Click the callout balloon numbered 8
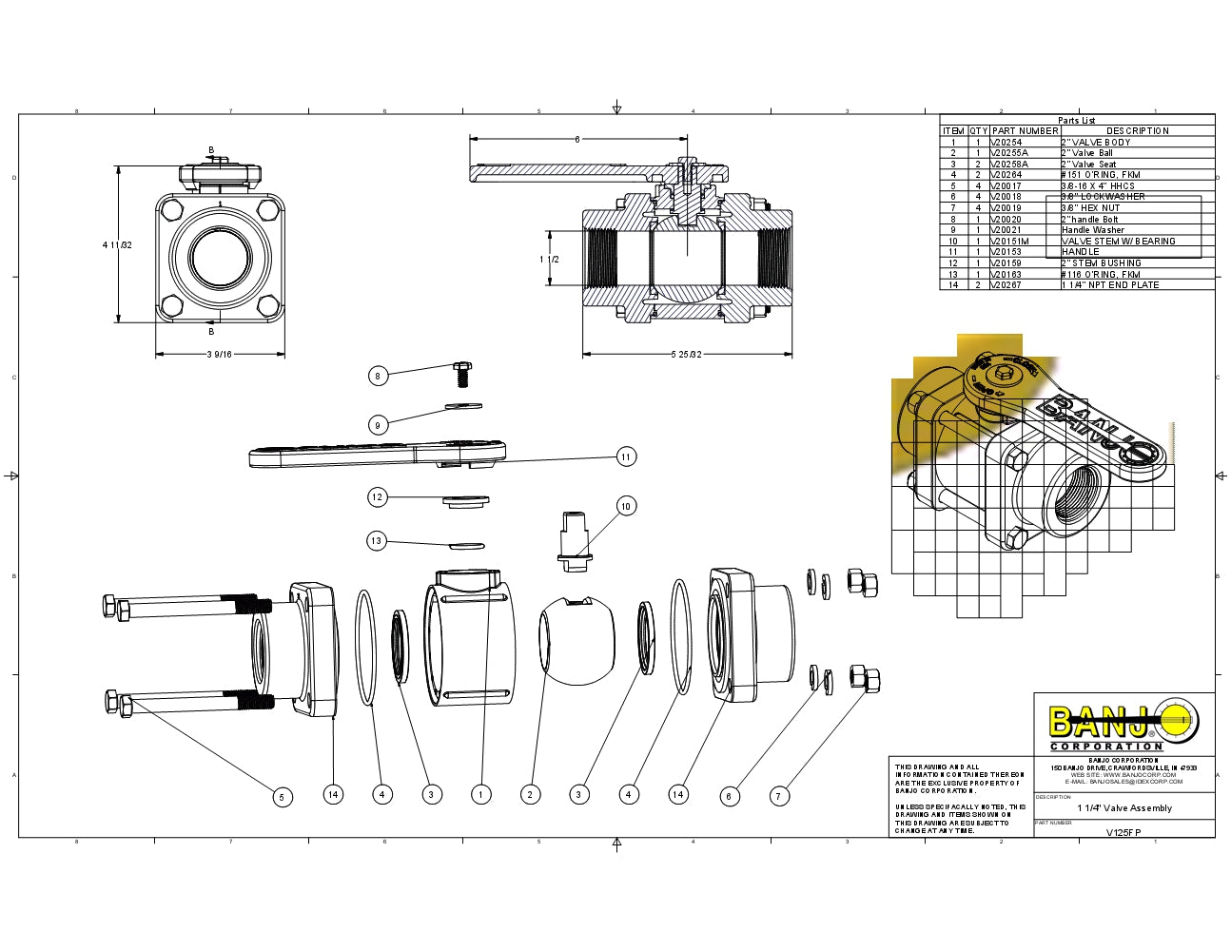point(378,376)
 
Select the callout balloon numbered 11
point(626,456)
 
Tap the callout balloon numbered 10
point(626,506)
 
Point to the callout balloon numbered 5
point(283,797)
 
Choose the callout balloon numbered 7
point(780,795)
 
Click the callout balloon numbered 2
point(530,794)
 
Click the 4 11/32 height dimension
point(117,245)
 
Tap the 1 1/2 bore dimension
point(549,260)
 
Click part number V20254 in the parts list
point(1006,142)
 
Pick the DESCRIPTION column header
point(1138,131)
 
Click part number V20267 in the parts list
point(1006,285)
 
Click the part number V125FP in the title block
point(1124,832)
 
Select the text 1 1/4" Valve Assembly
point(1124,808)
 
